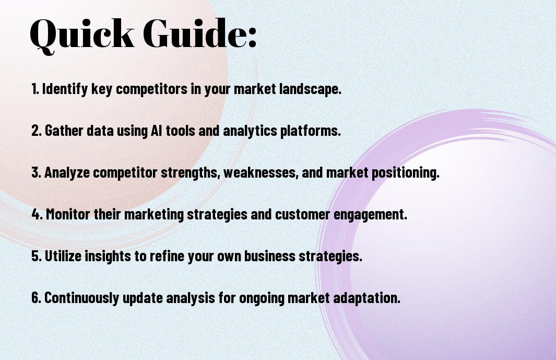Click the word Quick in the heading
(x=82, y=34)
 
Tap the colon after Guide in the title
(x=252, y=38)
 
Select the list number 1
(x=35, y=89)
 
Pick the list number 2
(x=36, y=131)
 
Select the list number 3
(x=36, y=172)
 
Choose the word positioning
(x=405, y=173)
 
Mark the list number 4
(x=37, y=214)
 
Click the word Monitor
(x=68, y=214)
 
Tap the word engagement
(x=371, y=214)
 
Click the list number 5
(x=36, y=256)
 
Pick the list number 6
(x=36, y=297)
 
